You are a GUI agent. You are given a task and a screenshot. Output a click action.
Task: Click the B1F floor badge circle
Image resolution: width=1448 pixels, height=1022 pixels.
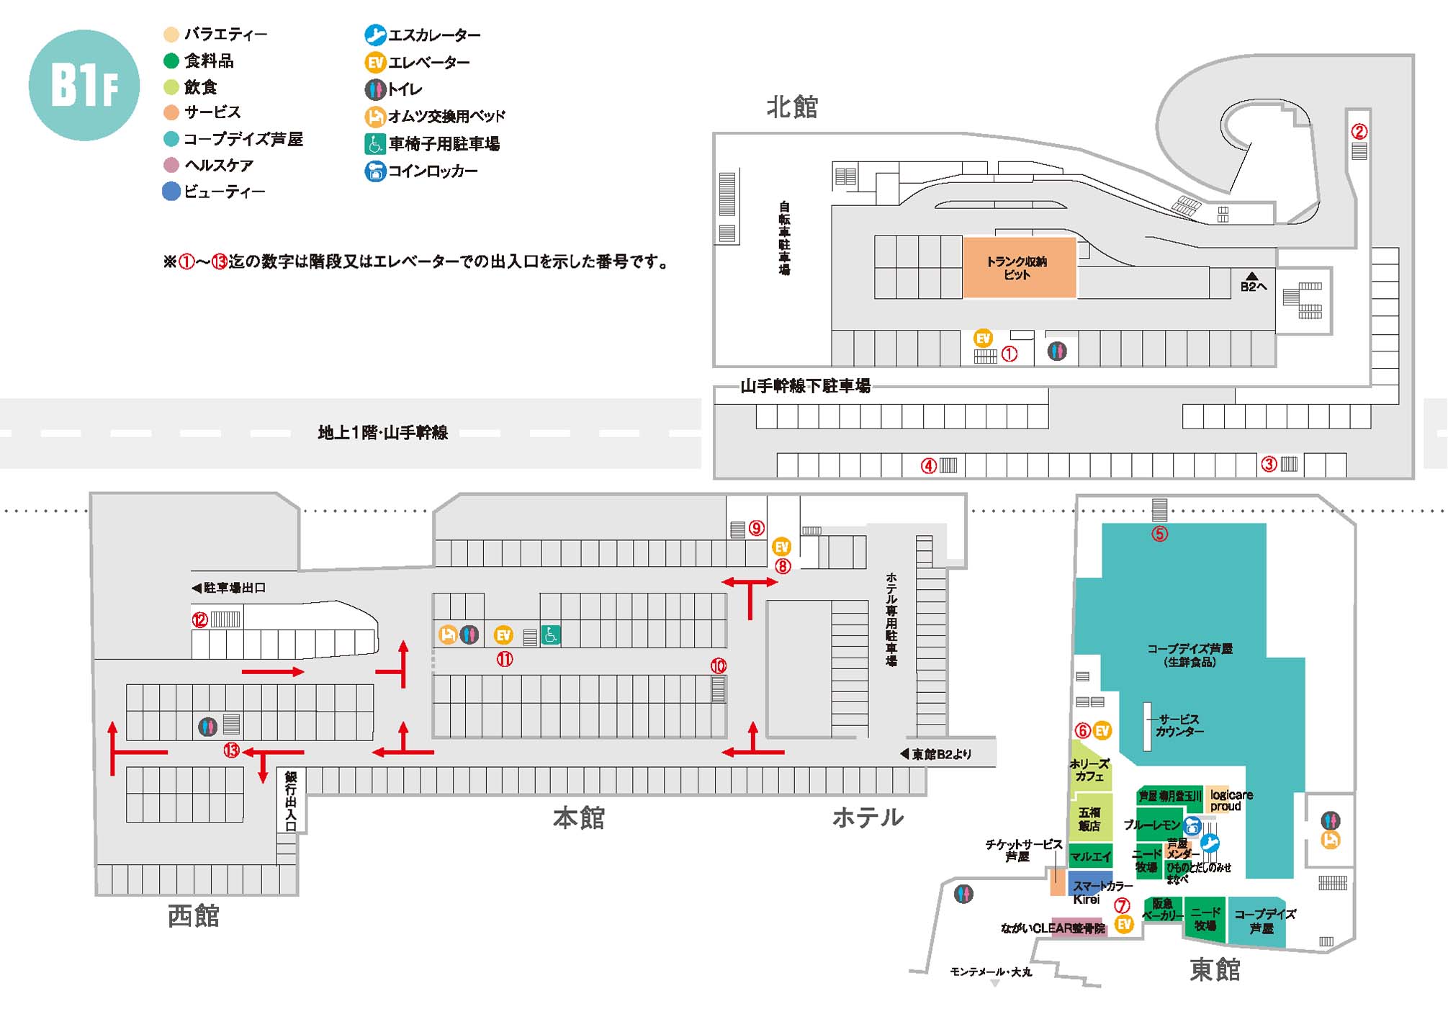pyautogui.click(x=84, y=85)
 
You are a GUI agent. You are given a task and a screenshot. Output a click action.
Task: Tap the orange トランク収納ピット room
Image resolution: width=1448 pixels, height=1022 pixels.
pyautogui.click(x=1019, y=267)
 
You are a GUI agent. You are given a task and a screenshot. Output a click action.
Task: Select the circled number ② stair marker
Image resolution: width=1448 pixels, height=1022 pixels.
pyautogui.click(x=1359, y=132)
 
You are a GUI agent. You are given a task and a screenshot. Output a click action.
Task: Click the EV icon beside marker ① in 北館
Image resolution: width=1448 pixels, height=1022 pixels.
pyautogui.click(x=983, y=338)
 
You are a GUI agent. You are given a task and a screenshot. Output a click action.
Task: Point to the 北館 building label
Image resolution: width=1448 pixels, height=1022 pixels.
pyautogui.click(x=792, y=107)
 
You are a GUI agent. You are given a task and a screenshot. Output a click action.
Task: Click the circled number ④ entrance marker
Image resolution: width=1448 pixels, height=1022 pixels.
pyautogui.click(x=929, y=466)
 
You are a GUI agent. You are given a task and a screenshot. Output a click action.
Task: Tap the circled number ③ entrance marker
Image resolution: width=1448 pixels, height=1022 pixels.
pyautogui.click(x=1269, y=465)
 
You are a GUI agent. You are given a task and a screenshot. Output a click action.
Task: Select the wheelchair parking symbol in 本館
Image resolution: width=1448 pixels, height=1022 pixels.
pyautogui.click(x=551, y=635)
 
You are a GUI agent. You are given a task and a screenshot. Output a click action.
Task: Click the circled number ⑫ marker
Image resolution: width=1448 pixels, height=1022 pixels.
pyautogui.click(x=199, y=619)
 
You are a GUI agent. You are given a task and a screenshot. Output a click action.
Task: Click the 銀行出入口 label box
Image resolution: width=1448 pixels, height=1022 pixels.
pyautogui.click(x=291, y=800)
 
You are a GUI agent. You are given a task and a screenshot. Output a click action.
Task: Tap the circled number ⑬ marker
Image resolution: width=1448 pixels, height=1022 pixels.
pyautogui.click(x=230, y=750)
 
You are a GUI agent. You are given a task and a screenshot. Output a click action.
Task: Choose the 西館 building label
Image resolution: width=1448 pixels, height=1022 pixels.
pyautogui.click(x=193, y=916)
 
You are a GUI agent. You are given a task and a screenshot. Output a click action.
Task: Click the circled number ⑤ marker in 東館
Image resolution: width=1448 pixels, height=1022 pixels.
pyautogui.click(x=1159, y=534)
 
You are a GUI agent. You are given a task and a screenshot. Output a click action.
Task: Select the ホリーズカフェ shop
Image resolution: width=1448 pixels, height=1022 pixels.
pyautogui.click(x=1089, y=770)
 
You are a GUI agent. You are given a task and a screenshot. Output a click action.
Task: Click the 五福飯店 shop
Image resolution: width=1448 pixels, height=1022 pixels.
pyautogui.click(x=1089, y=819)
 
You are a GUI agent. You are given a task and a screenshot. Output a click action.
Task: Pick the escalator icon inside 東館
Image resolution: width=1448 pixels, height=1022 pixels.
pyautogui.click(x=1210, y=843)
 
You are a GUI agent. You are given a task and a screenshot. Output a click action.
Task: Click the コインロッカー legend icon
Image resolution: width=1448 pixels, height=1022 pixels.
pyautogui.click(x=375, y=171)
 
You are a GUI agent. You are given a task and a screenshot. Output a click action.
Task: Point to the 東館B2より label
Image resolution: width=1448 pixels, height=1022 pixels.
pyautogui.click(x=940, y=754)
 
